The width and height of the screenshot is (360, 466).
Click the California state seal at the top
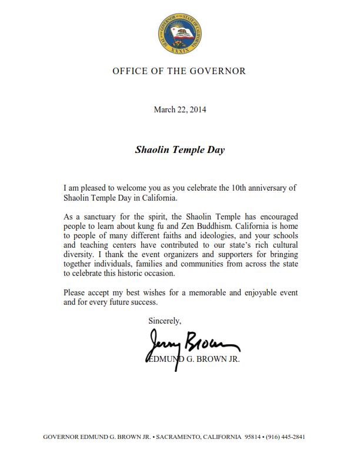coord(179,34)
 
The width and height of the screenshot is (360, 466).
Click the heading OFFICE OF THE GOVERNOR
coord(179,71)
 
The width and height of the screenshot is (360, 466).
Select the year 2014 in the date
coord(198,109)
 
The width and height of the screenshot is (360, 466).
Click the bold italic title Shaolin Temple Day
coord(179,149)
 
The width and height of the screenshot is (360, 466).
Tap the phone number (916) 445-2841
coord(286,437)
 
